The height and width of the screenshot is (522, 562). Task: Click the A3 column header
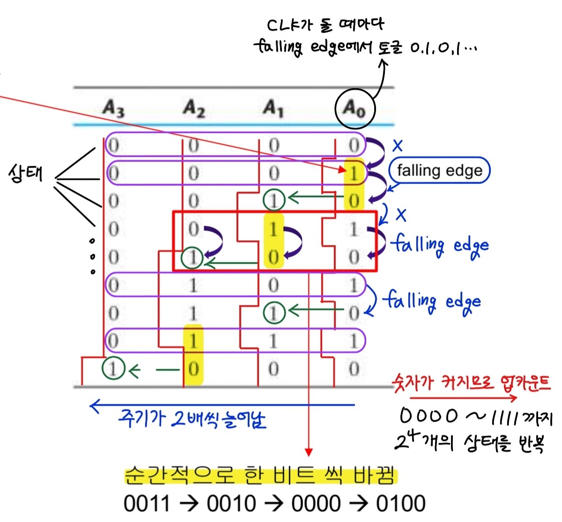[114, 109]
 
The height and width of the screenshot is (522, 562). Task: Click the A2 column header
[194, 109]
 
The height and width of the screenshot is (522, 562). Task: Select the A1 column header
[274, 109]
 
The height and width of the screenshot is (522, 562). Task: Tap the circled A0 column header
[355, 109]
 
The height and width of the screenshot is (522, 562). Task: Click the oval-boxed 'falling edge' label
[439, 170]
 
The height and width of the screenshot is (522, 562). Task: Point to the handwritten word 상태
[26, 174]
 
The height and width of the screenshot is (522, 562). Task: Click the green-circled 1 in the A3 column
[113, 369]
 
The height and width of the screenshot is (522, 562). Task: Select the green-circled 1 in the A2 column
[192, 257]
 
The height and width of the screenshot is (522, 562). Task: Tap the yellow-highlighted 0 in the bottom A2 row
[193, 369]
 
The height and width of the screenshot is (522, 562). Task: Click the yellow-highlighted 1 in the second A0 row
[354, 173]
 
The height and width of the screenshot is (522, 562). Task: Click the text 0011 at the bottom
[147, 504]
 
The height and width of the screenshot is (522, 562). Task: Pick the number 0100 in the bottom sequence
[400, 504]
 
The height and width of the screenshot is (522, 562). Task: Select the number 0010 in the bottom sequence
[231, 504]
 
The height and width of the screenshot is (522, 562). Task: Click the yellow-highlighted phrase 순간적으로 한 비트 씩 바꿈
[260, 476]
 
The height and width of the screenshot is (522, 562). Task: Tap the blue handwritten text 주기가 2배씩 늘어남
[192, 419]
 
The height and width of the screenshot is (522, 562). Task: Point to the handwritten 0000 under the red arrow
[429, 416]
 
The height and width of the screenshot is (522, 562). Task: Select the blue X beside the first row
[398, 146]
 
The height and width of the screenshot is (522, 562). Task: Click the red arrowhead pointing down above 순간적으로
[308, 452]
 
